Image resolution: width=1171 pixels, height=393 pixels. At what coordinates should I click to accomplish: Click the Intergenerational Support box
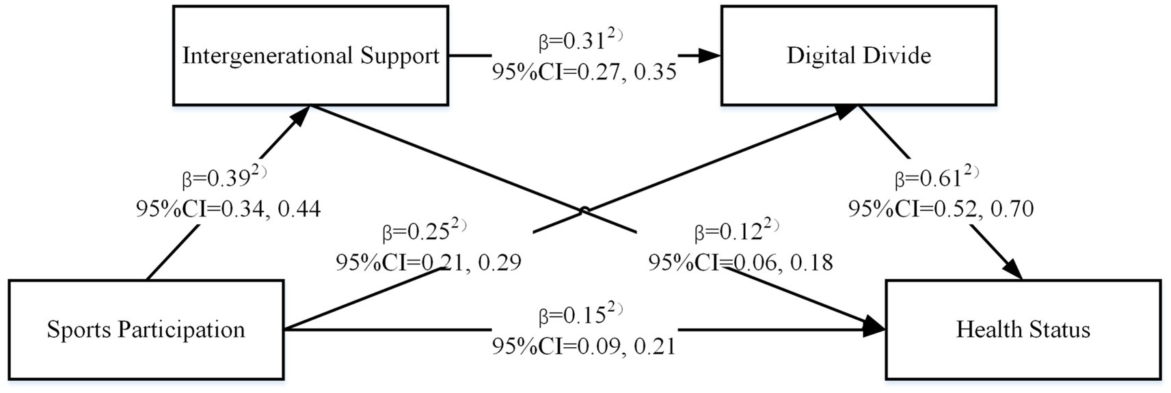(310, 55)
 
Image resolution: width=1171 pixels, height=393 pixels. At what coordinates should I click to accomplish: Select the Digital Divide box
(859, 55)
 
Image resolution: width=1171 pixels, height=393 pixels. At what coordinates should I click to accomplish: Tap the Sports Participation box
(146, 329)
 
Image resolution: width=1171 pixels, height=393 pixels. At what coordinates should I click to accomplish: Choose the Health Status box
(1023, 329)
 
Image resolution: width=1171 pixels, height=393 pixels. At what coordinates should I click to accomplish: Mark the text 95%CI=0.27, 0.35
(584, 71)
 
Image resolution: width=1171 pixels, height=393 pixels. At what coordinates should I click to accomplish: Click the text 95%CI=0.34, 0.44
(228, 208)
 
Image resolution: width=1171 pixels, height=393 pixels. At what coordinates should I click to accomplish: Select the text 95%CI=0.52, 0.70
(941, 208)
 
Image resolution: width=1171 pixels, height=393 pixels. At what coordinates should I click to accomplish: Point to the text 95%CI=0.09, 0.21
(584, 346)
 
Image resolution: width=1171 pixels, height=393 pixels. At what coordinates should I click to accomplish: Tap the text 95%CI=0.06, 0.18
(740, 262)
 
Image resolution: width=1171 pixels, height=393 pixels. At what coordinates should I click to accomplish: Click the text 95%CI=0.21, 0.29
(429, 262)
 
